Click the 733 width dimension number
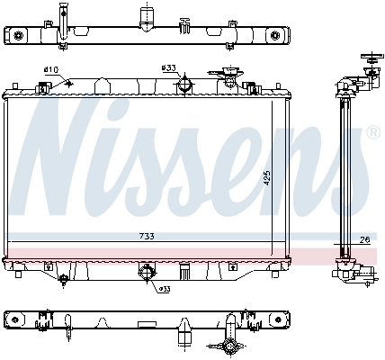(x=147, y=237)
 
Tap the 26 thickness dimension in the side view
(x=363, y=240)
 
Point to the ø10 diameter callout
(x=50, y=70)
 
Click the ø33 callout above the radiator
(x=168, y=67)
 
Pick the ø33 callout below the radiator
(x=164, y=289)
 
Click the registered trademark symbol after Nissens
(x=373, y=132)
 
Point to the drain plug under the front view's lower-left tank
(x=62, y=280)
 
